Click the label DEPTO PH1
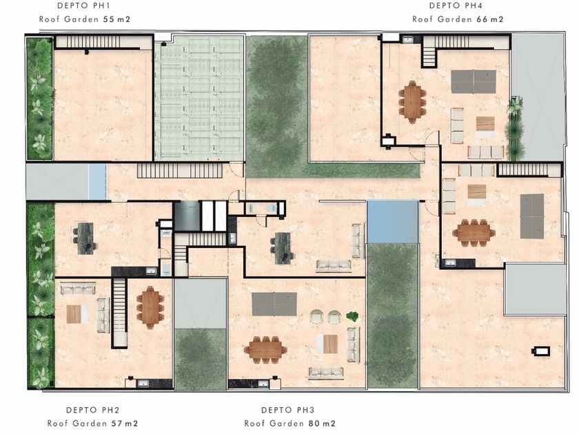click(x=83, y=6)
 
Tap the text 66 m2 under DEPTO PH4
click(x=490, y=19)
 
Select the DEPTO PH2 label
click(x=92, y=410)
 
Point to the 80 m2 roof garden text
click(x=322, y=423)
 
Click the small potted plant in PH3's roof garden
click(x=352, y=316)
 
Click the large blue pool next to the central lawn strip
click(x=393, y=222)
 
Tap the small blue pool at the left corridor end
click(x=97, y=182)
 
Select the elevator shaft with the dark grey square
click(x=187, y=216)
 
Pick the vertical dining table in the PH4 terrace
click(x=412, y=102)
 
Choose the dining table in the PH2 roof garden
click(x=150, y=307)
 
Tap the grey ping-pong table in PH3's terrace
click(x=274, y=304)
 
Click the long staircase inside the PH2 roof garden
click(x=119, y=313)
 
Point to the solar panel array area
click(x=199, y=98)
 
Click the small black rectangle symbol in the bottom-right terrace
click(x=541, y=351)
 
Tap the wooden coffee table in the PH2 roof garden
click(x=74, y=314)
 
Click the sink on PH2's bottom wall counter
click(x=143, y=384)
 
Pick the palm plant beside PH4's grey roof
click(x=515, y=128)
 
